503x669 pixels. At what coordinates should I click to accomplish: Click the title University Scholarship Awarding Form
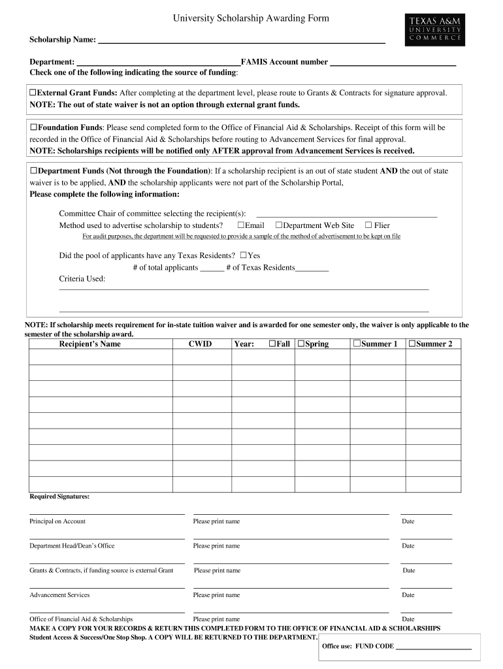(251, 19)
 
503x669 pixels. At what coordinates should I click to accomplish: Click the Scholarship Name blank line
(241, 41)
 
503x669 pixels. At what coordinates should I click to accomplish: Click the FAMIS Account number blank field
(393, 63)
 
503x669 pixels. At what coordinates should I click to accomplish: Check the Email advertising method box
(240, 225)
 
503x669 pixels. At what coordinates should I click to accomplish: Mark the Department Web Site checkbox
(278, 225)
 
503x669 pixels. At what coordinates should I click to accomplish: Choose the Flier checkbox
(368, 225)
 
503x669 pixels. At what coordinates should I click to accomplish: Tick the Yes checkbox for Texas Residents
(244, 255)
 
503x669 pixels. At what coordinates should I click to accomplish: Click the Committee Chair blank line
(346, 214)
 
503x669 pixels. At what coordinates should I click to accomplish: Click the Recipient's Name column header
(89, 344)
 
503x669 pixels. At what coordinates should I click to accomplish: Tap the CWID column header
(200, 344)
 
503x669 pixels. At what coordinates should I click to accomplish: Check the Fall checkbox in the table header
(272, 344)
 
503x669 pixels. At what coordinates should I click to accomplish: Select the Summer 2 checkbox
(412, 344)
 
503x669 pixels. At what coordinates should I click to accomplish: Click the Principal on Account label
(57, 521)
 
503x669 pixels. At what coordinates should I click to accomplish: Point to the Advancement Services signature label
(59, 595)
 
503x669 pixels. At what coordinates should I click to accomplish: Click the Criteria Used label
(82, 278)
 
